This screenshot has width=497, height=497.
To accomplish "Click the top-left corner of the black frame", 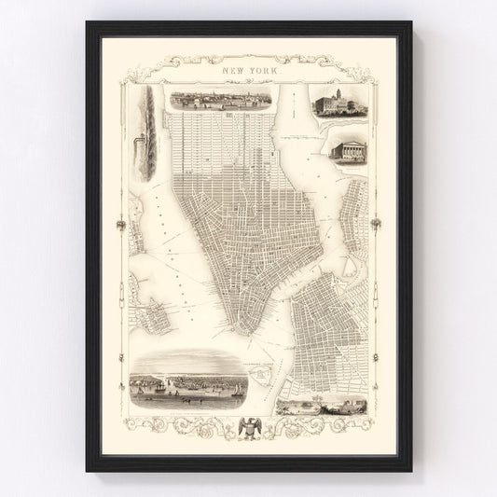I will coord(88,21).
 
